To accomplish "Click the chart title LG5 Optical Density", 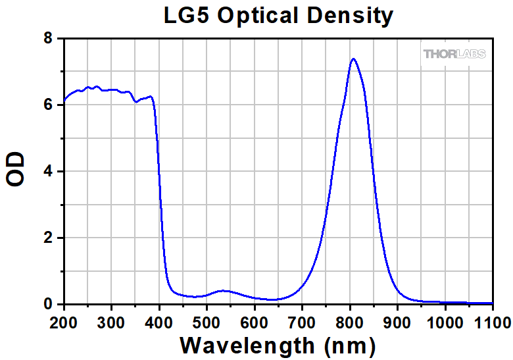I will point(278,15).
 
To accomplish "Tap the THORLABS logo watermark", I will point(454,53).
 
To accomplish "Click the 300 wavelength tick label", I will point(111,322).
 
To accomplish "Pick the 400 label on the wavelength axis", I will point(159,322).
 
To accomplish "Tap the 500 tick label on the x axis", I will point(207,322).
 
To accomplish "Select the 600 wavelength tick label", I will point(254,322).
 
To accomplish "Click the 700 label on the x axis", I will point(302,322).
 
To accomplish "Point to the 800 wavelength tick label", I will point(350,322).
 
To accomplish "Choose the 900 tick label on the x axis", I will point(397,322).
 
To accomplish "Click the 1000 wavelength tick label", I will point(444,322).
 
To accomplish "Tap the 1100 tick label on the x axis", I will point(491,322).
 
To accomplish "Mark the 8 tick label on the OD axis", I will point(49,39).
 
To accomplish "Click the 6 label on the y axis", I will point(49,105).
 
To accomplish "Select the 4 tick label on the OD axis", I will point(49,172).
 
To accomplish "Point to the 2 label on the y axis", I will point(49,238).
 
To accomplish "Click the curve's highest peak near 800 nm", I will point(354,59).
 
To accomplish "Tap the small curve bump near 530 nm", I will point(222,290).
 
